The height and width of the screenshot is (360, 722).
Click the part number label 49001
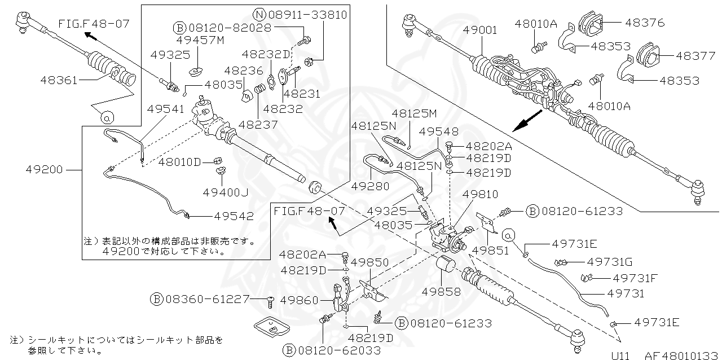(480, 30)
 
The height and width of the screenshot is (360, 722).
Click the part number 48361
(59, 80)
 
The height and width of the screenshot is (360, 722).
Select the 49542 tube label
(234, 216)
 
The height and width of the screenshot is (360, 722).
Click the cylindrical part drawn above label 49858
(446, 265)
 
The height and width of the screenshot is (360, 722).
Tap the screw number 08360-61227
(207, 298)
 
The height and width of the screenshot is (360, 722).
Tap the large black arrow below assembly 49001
(529, 120)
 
